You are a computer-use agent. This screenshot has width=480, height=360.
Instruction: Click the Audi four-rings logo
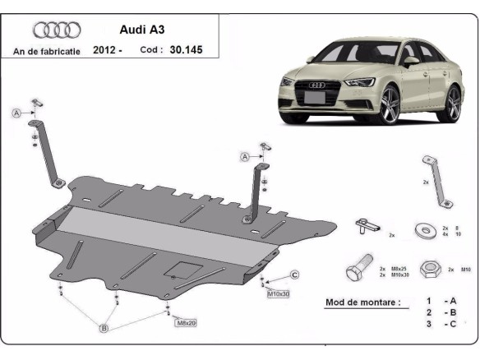[x=57, y=30]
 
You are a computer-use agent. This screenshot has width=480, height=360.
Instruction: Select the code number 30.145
[x=185, y=50]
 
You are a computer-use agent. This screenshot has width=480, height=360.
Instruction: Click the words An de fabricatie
[x=47, y=51]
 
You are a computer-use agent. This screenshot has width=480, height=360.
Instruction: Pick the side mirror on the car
[x=410, y=60]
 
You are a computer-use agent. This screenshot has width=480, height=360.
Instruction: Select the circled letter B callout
[x=104, y=329]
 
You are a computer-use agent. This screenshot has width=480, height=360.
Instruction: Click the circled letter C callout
[x=293, y=275]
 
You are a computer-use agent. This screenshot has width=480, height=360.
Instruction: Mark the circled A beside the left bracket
[x=16, y=113]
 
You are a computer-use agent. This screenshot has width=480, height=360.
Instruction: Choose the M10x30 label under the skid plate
[x=279, y=293]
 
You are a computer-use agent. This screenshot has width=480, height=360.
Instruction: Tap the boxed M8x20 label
[x=186, y=323]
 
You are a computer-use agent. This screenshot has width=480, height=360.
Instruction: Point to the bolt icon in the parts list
[x=360, y=269]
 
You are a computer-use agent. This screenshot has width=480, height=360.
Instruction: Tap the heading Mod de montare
[x=363, y=302]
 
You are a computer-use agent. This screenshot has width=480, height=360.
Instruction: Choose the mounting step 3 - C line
[x=441, y=325]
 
